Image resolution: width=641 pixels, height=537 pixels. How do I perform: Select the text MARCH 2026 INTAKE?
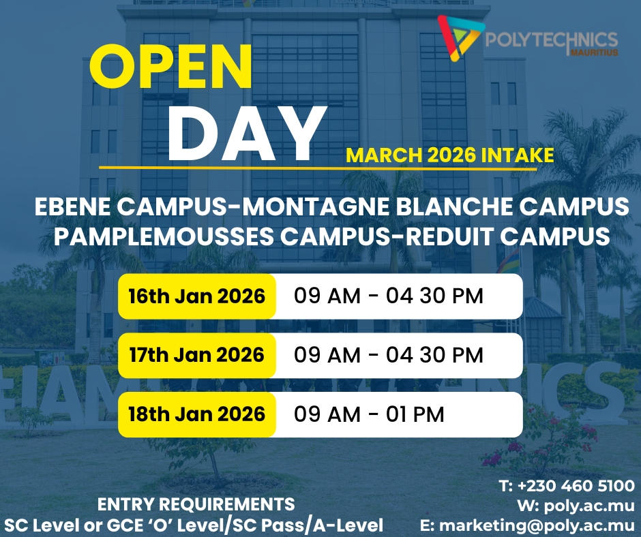[x=449, y=155]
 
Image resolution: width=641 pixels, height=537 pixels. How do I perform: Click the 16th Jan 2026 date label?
[x=197, y=296]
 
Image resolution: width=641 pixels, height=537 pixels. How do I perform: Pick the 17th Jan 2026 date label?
[x=197, y=355]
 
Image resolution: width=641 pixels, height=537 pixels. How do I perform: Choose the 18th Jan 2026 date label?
[x=197, y=414]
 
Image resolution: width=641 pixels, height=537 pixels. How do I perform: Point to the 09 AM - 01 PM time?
[x=369, y=414]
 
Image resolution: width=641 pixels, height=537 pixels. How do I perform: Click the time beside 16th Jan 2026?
[x=388, y=296]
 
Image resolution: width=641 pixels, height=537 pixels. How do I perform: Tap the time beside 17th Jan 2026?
[x=388, y=355]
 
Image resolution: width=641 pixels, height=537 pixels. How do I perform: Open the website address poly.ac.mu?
[x=586, y=506]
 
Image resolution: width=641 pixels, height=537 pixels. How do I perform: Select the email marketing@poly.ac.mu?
[x=537, y=525]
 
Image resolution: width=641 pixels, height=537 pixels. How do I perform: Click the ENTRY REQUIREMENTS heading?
[x=196, y=505]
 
